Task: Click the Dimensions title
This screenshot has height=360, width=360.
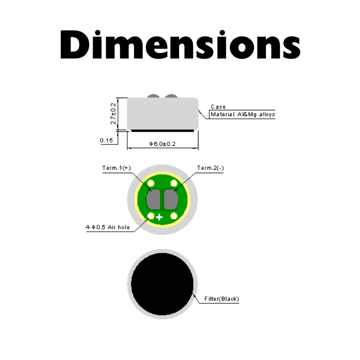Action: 180,44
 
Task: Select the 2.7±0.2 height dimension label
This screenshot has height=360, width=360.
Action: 113,114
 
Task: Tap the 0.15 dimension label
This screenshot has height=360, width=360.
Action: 106,140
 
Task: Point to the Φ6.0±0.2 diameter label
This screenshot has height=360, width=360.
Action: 162,144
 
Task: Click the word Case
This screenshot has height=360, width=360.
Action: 218,107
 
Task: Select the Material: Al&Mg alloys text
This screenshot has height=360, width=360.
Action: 243,114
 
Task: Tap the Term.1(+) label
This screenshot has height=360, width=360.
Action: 117,168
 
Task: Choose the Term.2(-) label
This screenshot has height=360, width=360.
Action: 210,168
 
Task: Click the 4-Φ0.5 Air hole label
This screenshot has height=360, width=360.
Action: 108,227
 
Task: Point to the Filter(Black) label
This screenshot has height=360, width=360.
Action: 221,299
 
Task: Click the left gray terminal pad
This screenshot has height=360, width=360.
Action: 153,199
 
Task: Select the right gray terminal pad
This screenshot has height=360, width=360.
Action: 171,199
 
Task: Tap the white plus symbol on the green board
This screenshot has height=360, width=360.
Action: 159,217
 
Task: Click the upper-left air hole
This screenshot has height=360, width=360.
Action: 151,183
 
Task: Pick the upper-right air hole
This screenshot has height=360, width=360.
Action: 174,183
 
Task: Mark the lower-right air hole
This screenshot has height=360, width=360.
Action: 174,216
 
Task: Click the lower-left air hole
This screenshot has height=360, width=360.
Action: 151,216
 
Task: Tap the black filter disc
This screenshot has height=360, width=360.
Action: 162,284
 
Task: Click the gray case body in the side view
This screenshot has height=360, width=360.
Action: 162,114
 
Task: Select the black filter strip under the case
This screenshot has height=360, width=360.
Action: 162,131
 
